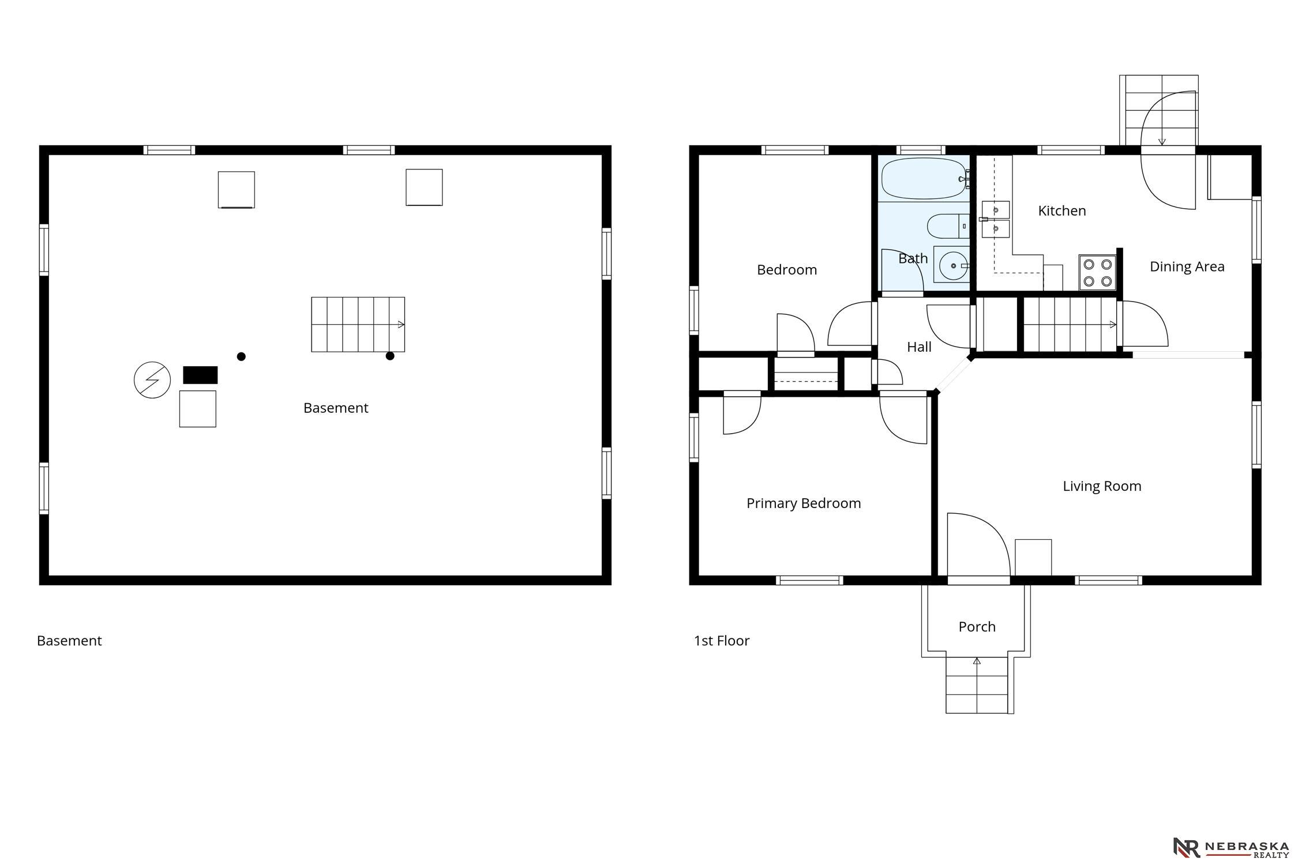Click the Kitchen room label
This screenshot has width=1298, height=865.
pos(1061,211)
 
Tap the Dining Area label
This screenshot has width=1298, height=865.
pos(1187,266)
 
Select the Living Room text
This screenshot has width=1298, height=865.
pos(1102,486)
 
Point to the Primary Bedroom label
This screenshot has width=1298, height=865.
pos(804,503)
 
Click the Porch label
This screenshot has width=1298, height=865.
pos(977,626)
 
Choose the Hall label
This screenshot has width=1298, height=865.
pos(919,347)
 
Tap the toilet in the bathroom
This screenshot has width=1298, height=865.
pos(948,226)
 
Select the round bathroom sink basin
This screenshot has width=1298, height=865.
pos(952,266)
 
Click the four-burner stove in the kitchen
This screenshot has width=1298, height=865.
pos(1098,273)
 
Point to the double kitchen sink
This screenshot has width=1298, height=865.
pos(996,219)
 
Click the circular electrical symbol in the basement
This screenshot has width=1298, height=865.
pos(152,380)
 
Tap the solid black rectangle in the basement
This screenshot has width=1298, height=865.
pos(200,375)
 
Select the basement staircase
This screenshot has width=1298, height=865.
pos(358,325)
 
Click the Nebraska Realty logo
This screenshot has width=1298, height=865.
pos(1232,847)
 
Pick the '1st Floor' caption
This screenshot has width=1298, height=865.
pos(722,641)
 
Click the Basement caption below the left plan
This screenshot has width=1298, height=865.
pos(69,641)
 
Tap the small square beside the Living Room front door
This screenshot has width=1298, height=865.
pos(1033,558)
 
